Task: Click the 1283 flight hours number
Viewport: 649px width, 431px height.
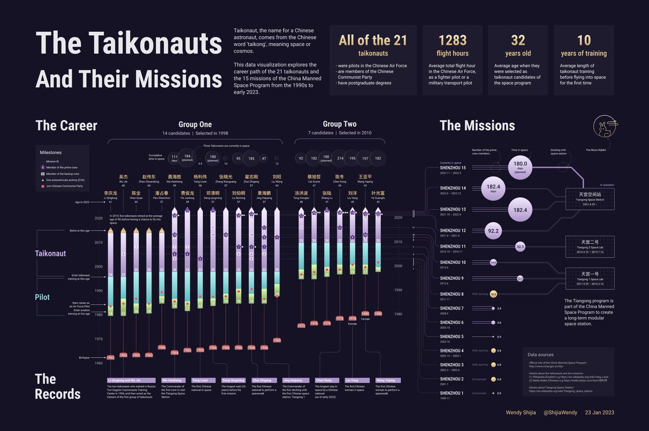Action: tap(453, 40)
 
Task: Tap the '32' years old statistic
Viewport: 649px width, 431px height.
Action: tap(518, 40)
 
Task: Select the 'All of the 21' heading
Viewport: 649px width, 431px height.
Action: tap(373, 40)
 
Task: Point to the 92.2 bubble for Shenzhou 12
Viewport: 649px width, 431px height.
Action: tap(493, 231)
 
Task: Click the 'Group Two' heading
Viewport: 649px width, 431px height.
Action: tap(339, 124)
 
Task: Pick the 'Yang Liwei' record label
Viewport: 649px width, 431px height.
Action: tap(203, 380)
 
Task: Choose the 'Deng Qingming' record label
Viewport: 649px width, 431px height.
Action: tap(234, 380)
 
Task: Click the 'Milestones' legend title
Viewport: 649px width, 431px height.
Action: tap(51, 153)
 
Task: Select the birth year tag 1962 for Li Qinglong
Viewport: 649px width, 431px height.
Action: tap(110, 357)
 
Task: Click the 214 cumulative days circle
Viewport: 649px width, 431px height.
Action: tap(340, 159)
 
